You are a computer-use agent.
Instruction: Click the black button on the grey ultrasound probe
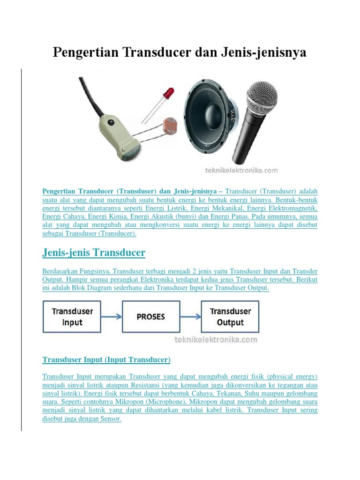point(111,124)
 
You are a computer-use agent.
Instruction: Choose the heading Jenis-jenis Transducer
point(94,253)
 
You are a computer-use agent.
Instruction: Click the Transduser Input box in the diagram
point(72,317)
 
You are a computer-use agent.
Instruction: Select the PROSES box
point(151,317)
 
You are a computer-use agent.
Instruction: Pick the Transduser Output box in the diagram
point(230,317)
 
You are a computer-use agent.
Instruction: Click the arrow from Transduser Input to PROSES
point(112,317)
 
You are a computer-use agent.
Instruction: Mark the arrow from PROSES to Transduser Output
point(190,317)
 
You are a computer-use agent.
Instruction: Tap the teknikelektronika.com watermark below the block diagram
point(216,339)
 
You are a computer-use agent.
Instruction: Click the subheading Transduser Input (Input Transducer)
point(106,360)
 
